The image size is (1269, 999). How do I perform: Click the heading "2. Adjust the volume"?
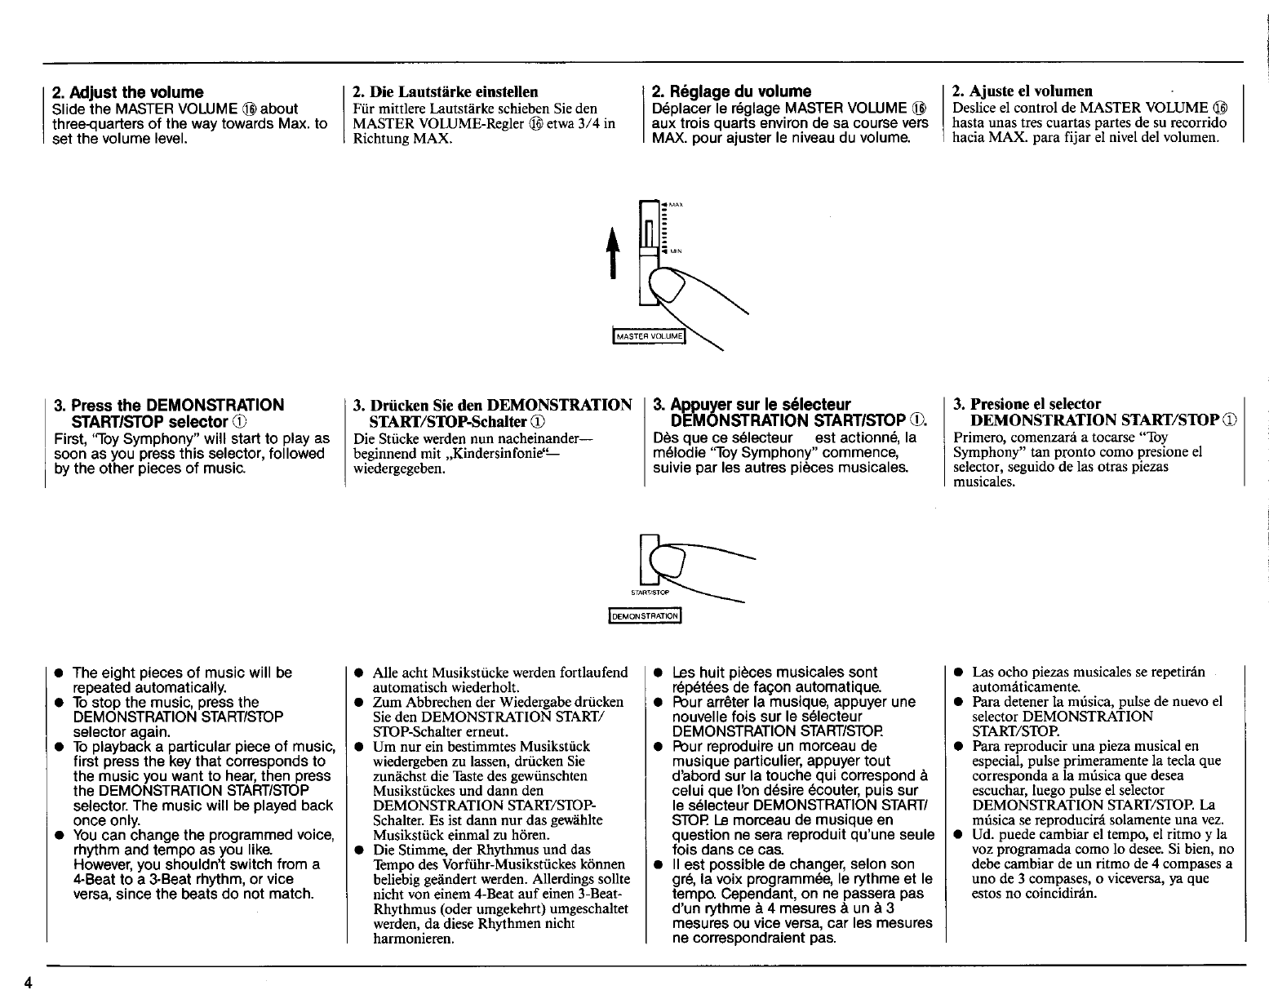127,92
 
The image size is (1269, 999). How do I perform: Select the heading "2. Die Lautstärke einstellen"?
446,92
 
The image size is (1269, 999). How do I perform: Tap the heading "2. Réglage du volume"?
732,91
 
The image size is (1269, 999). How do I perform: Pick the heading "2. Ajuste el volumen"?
1023,91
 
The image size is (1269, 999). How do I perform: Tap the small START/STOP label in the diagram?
650,591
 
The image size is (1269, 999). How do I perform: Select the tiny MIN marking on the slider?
677,252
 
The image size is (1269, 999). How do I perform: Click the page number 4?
28,982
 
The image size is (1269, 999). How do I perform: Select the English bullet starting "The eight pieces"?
182,680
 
